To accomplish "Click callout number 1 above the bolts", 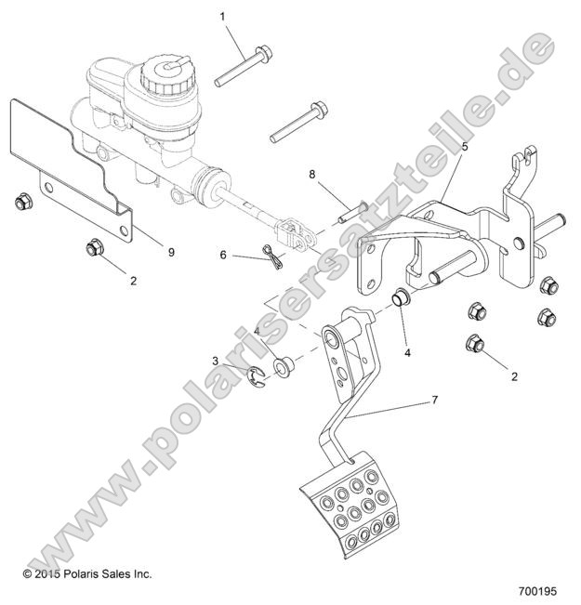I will (x=222, y=17).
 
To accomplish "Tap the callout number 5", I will (x=465, y=146).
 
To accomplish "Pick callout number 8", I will (x=312, y=173).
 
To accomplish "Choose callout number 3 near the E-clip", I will (x=216, y=361).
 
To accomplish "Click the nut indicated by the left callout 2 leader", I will (x=92, y=248).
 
